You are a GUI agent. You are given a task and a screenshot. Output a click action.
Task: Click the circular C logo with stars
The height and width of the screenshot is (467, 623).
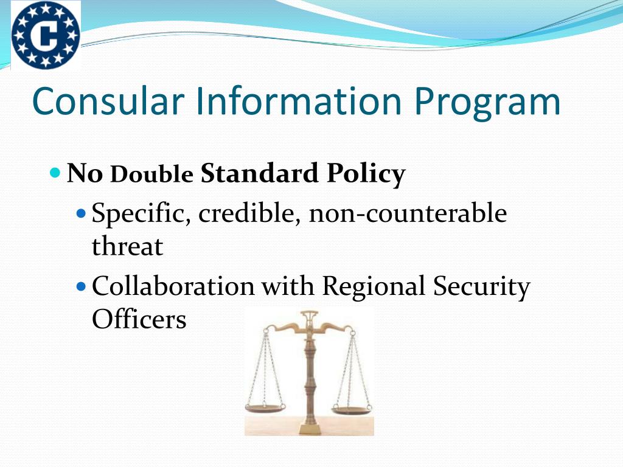click(46, 35)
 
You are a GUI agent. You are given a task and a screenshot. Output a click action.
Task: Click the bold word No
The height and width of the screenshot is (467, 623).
click(85, 174)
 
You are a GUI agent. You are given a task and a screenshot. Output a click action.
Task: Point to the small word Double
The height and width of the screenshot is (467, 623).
click(152, 175)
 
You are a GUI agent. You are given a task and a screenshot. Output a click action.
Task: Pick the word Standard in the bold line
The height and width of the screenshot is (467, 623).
click(259, 174)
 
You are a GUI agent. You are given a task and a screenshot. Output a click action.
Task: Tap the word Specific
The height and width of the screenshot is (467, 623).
click(141, 215)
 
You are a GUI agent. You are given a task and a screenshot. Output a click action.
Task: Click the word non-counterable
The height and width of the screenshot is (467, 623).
click(408, 214)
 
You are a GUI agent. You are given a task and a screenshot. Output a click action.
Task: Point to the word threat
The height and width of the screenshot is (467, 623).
click(127, 247)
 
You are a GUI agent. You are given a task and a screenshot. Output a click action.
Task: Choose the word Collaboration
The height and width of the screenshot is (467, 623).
click(173, 286)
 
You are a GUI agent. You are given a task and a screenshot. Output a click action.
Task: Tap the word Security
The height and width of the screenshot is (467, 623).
click(481, 288)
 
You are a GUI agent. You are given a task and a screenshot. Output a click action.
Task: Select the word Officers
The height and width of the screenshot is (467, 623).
click(139, 319)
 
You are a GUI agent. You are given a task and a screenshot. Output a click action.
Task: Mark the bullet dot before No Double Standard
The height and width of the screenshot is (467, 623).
click(55, 173)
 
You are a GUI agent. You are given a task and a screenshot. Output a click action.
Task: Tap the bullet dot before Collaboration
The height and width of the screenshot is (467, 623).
click(83, 285)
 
